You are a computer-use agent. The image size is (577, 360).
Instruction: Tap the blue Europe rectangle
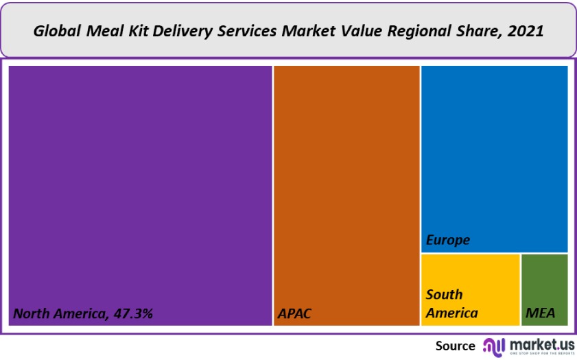[494, 151]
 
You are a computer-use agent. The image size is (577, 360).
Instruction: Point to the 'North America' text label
[59, 314]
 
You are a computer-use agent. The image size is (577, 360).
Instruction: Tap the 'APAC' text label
[294, 314]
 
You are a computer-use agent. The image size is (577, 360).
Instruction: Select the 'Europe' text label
[448, 240]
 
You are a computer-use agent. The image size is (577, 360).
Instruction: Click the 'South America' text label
[451, 304]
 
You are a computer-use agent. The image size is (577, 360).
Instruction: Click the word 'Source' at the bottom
[455, 346]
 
